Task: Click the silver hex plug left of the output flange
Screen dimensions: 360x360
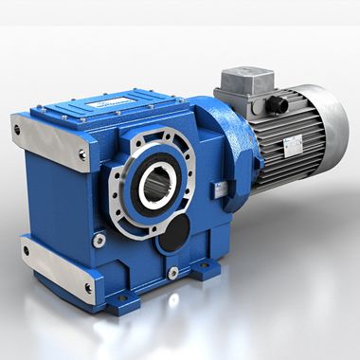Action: [99, 241]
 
